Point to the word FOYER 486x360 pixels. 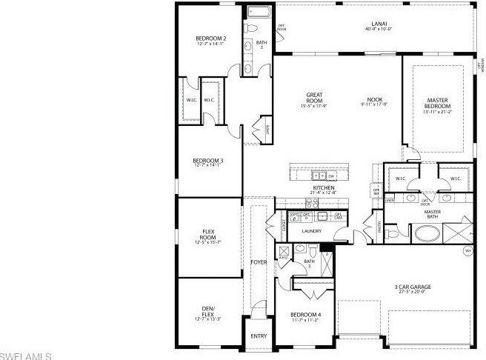(x=258, y=262)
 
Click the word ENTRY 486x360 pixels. (x=259, y=336)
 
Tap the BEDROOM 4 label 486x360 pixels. (x=305, y=316)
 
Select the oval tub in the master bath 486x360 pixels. (x=426, y=235)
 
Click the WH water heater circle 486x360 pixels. (x=467, y=251)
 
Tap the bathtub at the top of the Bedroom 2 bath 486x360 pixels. (x=261, y=12)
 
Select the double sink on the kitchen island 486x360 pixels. (x=319, y=176)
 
